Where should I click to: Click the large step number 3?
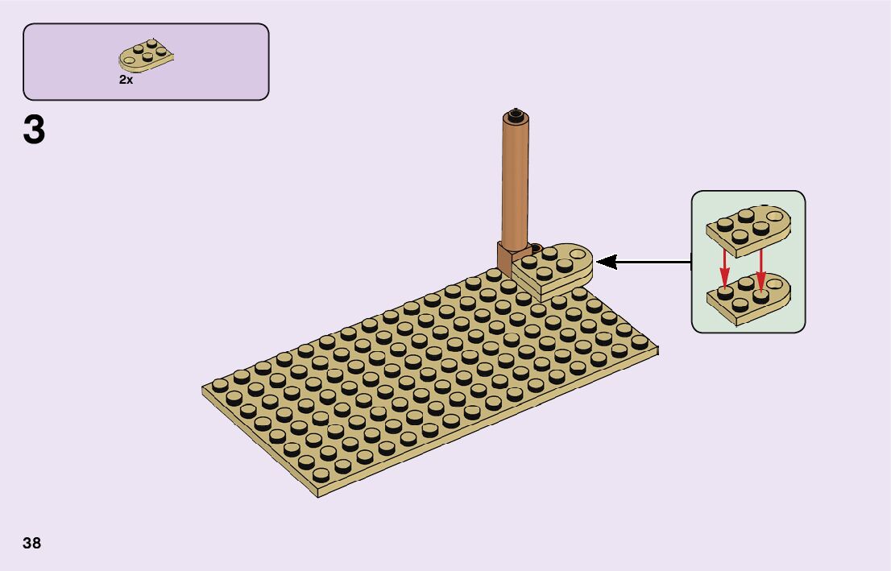(34, 130)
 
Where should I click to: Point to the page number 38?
(32, 543)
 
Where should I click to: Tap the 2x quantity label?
(126, 80)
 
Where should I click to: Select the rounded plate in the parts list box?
(147, 56)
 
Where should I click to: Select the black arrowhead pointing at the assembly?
(606, 262)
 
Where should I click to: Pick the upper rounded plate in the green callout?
(748, 226)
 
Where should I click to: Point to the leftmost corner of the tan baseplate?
(204, 390)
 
